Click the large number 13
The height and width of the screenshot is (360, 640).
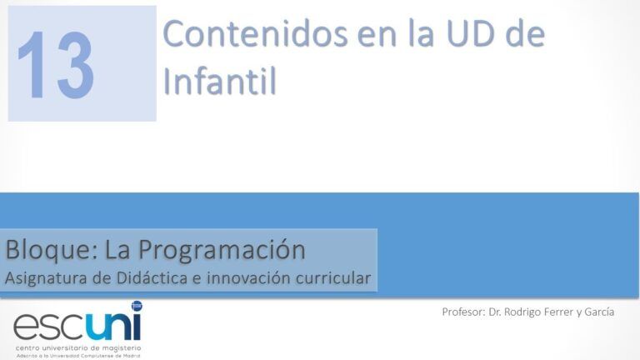click(56, 65)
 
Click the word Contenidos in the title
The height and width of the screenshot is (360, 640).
click(255, 34)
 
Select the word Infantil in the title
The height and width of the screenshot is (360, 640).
click(220, 80)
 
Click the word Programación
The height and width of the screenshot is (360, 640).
click(222, 251)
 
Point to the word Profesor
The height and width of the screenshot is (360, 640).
click(463, 312)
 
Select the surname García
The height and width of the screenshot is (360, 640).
click(599, 312)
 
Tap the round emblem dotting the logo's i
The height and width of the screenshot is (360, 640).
click(137, 305)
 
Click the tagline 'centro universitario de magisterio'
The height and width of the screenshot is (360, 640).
click(78, 348)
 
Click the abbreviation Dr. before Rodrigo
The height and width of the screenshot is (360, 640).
click(495, 312)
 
